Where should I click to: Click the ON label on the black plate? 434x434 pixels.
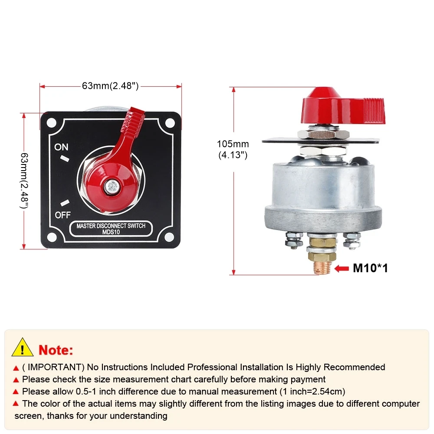tap(61, 147)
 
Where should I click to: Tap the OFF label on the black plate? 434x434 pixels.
tap(62, 215)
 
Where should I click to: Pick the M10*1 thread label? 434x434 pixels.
tap(370, 268)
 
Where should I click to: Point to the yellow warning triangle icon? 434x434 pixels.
tap(23, 348)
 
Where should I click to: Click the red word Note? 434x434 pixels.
tap(56, 350)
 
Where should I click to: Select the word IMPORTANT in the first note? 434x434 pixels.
tap(49, 367)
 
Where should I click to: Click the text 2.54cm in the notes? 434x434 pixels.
tap(328, 391)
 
